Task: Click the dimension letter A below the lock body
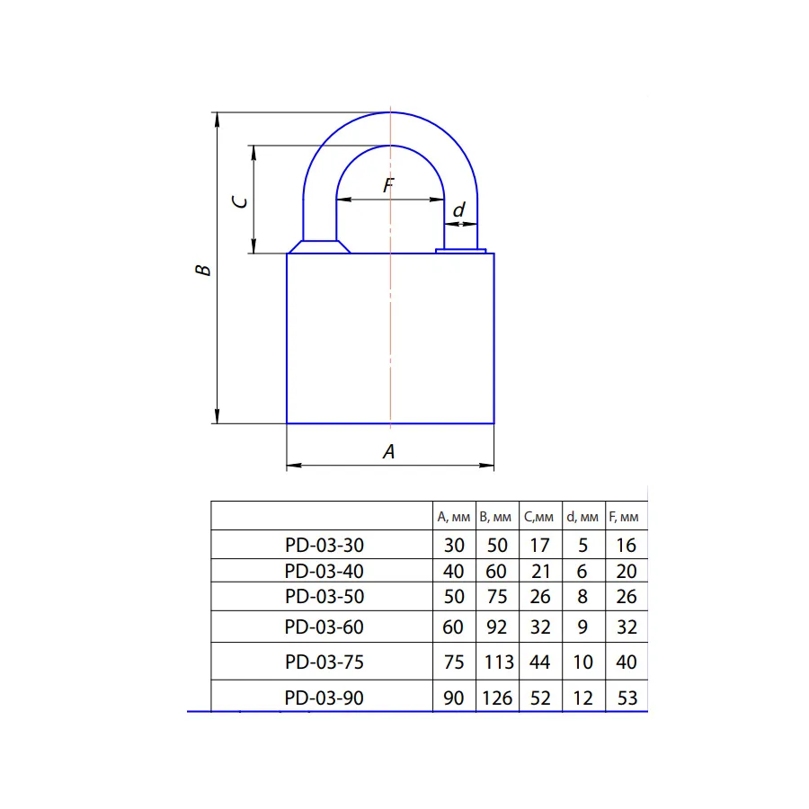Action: click(x=389, y=451)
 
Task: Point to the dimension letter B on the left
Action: click(x=203, y=270)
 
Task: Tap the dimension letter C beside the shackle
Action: click(x=240, y=201)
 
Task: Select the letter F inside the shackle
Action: click(x=389, y=184)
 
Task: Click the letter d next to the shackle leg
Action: click(x=458, y=209)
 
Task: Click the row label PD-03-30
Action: click(x=324, y=545)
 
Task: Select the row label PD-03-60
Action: click(x=324, y=627)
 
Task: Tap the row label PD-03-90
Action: click(x=324, y=698)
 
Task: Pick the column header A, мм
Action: click(x=454, y=517)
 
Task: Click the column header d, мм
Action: click(x=582, y=517)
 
